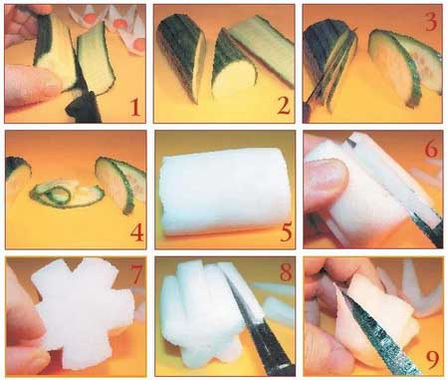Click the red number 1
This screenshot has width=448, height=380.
pyautogui.click(x=134, y=108)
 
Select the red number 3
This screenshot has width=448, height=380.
pyautogui.click(x=431, y=23)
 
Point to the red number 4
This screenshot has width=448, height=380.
pyautogui.click(x=137, y=232)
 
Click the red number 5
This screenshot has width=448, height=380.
pyautogui.click(x=286, y=232)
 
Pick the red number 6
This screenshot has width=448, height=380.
pyautogui.click(x=431, y=150)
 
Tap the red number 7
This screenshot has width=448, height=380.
pyautogui.click(x=136, y=274)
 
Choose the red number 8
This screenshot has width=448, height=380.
pyautogui.click(x=286, y=272)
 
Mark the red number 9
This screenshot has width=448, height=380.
pyautogui.click(x=432, y=360)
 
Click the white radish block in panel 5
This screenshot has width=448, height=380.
pyautogui.click(x=225, y=192)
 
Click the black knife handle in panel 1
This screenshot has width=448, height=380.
pyautogui.click(x=83, y=108)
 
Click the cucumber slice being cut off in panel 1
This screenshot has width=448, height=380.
pyautogui.click(x=97, y=57)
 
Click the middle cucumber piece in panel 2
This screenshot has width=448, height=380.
pyautogui.click(x=232, y=65)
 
